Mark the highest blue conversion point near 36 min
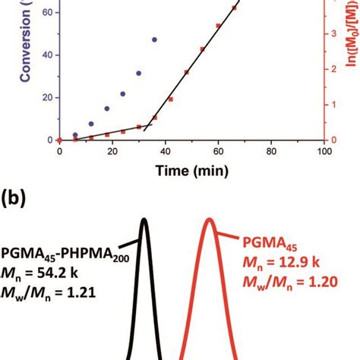(154, 39)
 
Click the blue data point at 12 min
(91, 124)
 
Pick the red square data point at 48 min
(186, 72)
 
